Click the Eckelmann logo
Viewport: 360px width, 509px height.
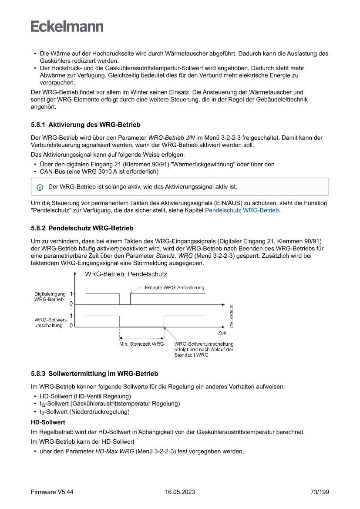point(67,27)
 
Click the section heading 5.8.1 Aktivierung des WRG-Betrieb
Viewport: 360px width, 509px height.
point(86,125)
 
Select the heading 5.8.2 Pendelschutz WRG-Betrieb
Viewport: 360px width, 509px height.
point(82,228)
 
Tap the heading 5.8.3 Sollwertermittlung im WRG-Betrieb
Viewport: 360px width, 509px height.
point(94,374)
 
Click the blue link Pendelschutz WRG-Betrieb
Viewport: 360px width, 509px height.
point(242,210)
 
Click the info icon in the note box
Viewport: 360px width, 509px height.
point(40,187)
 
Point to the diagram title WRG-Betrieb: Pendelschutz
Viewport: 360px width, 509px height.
point(126,274)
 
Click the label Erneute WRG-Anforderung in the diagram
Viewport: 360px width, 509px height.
point(174,287)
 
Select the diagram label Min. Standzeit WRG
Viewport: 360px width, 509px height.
point(141,344)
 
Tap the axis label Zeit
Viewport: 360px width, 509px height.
point(222,333)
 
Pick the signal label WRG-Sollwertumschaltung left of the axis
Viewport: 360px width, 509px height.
point(48,323)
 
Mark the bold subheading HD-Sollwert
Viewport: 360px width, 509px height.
point(48,422)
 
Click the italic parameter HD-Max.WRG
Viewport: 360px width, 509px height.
point(114,452)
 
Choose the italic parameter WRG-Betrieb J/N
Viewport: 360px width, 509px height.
point(169,138)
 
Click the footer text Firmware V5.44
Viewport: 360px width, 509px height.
point(52,492)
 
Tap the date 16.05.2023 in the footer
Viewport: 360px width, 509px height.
point(180,492)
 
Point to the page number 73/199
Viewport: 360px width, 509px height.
point(320,492)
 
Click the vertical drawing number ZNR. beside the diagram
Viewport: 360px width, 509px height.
point(232,316)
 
